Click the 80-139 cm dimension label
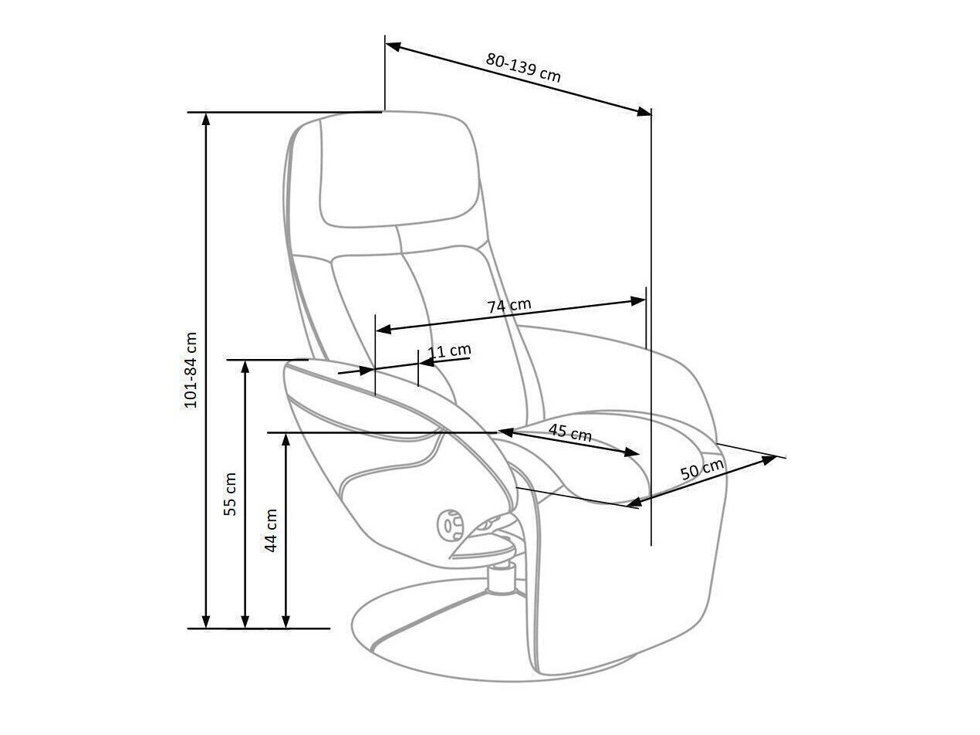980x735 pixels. [x=522, y=66]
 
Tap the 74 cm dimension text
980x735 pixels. [x=509, y=306]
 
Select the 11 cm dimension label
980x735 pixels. [x=448, y=351]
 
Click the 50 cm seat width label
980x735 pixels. [x=702, y=471]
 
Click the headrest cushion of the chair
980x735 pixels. [x=395, y=171]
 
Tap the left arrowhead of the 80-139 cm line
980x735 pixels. [x=393, y=46]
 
